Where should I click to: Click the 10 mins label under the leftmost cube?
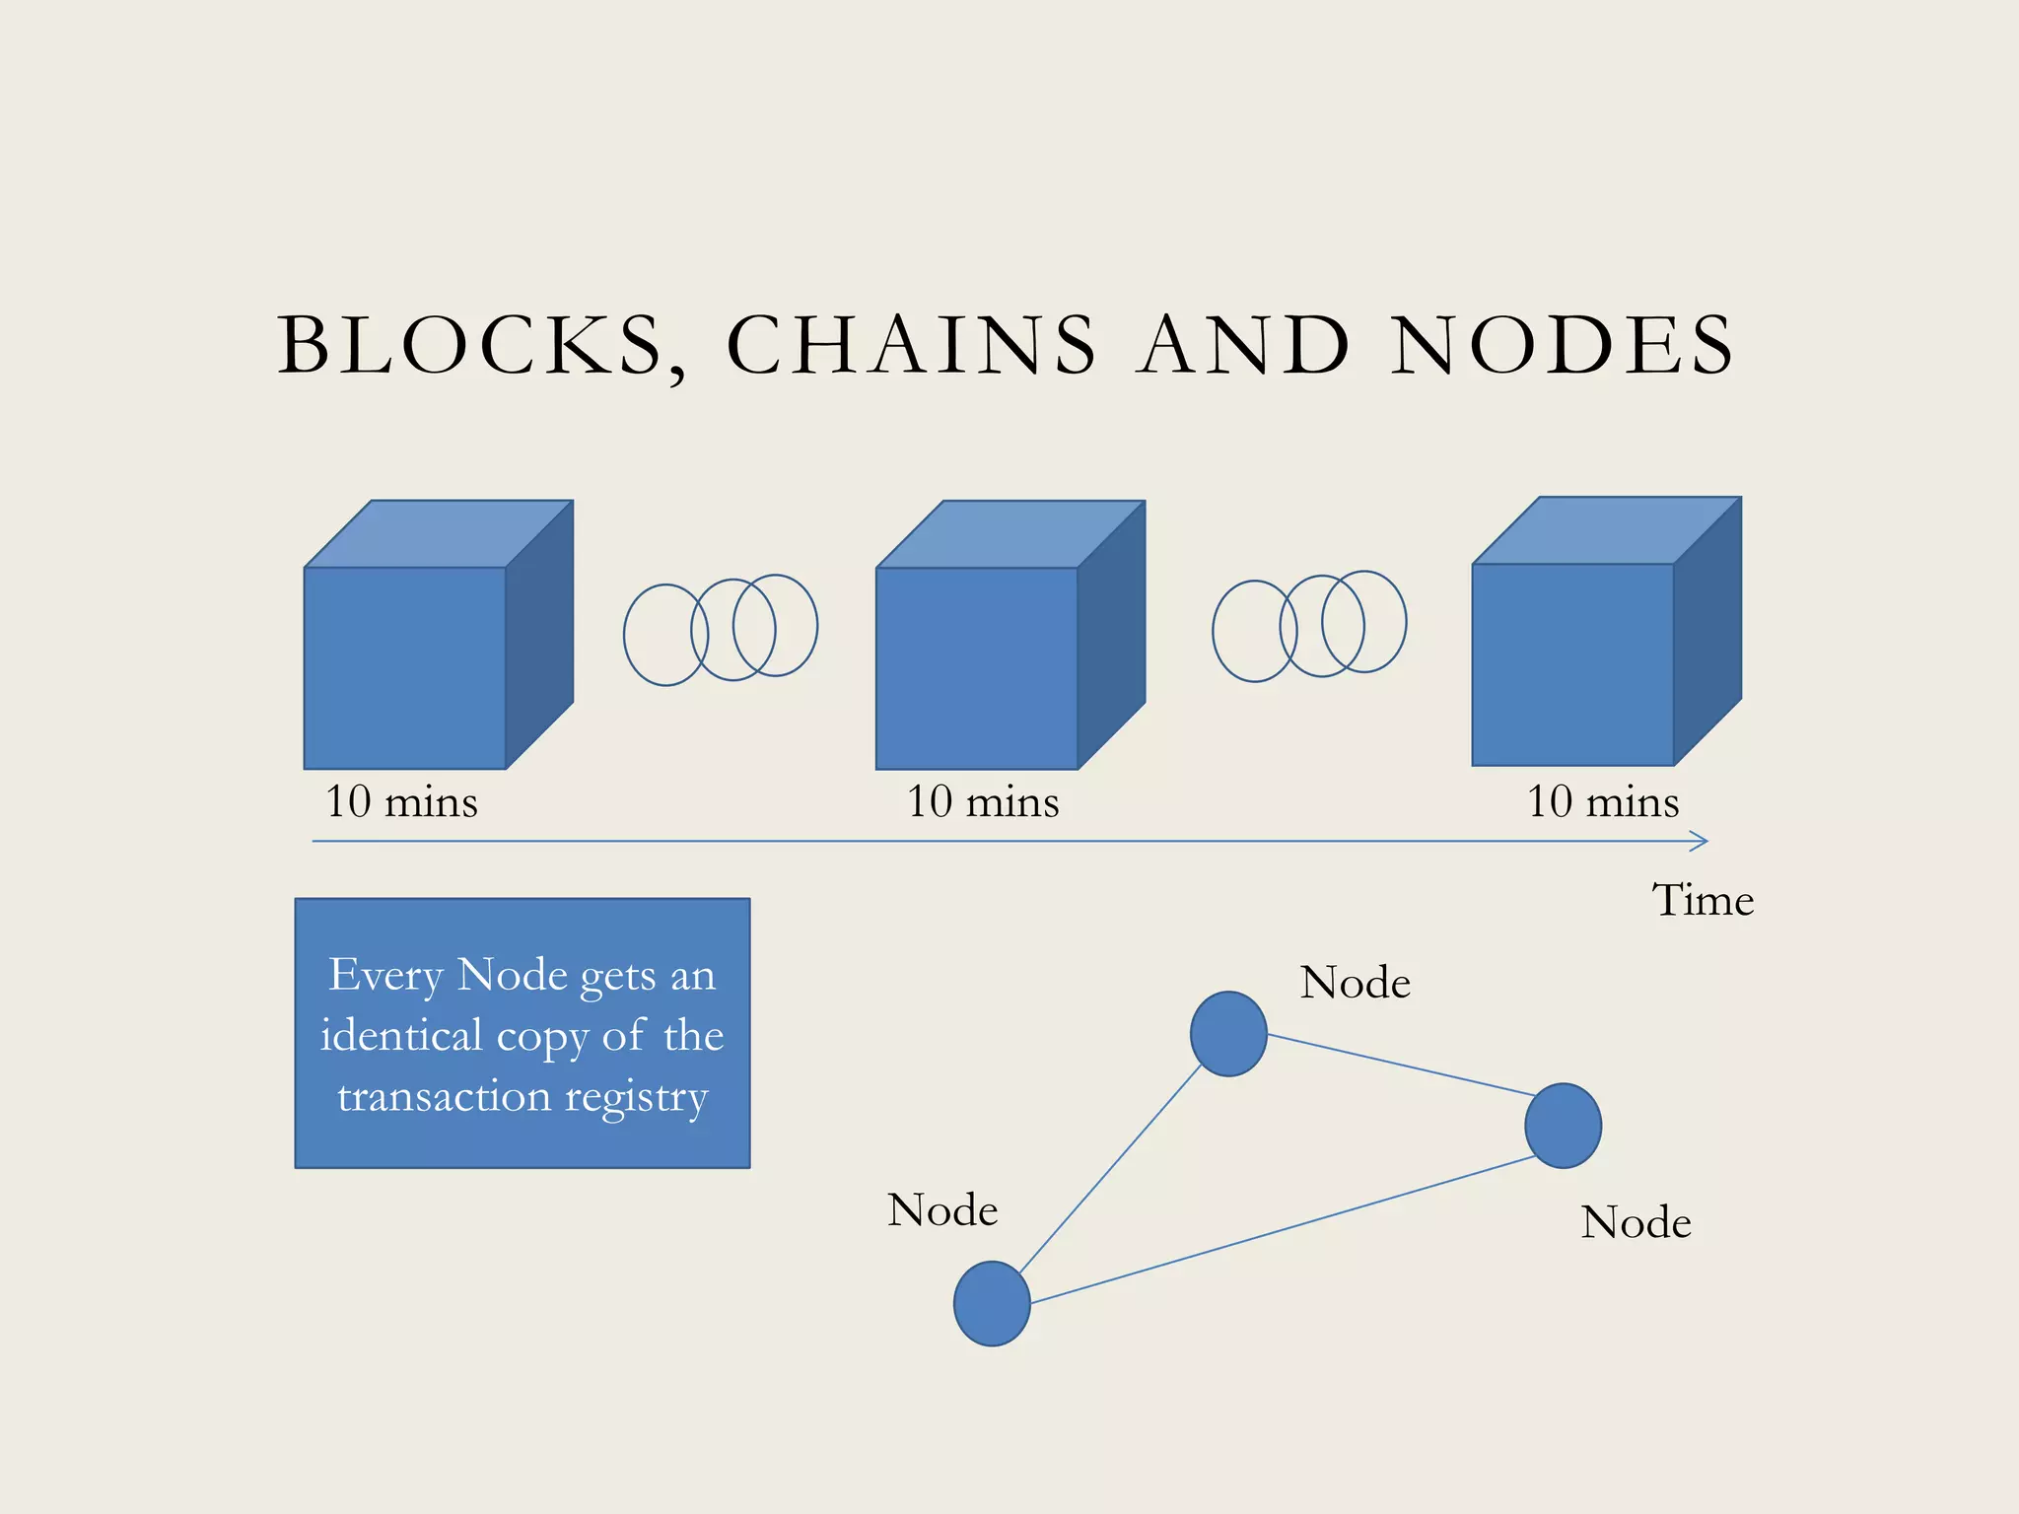click(x=401, y=801)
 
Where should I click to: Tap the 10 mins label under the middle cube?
click(x=983, y=801)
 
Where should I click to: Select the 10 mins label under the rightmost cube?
click(x=1603, y=801)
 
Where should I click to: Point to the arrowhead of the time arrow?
click(x=1700, y=841)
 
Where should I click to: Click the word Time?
click(x=1703, y=900)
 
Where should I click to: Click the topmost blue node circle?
click(x=1228, y=1034)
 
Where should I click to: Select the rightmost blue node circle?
click(x=1563, y=1126)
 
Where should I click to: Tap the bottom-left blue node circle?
click(x=992, y=1303)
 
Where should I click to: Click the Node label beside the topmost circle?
click(x=1355, y=983)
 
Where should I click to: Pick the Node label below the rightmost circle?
click(x=1636, y=1222)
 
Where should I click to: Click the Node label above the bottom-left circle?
click(x=942, y=1209)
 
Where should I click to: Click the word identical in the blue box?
click(x=401, y=1036)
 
